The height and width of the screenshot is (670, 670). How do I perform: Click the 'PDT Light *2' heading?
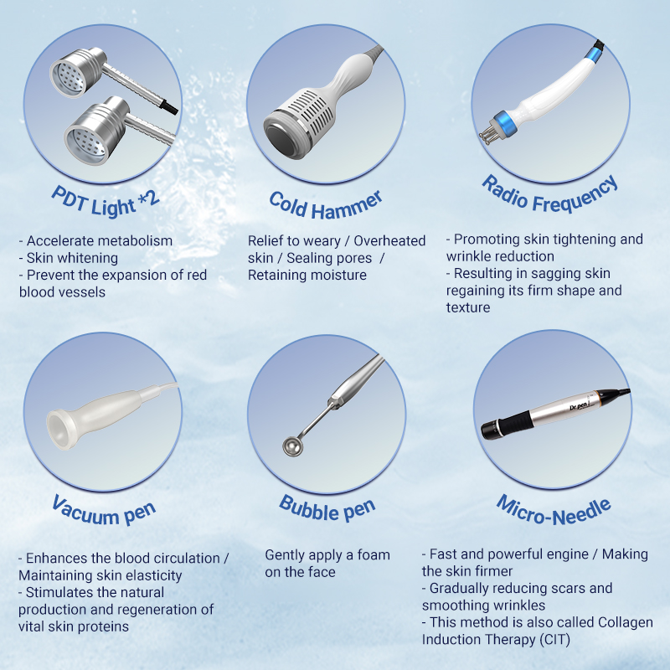pos(106,203)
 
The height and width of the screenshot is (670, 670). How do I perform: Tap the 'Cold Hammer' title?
pos(326,206)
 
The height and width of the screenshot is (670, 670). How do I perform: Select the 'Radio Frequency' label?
pos(550,195)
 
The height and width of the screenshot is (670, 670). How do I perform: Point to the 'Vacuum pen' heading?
pos(104,510)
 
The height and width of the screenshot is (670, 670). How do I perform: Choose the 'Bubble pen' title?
pos(327,508)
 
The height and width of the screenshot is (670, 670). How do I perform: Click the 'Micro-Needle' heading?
pos(554,510)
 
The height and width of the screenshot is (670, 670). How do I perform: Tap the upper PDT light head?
pos(77,72)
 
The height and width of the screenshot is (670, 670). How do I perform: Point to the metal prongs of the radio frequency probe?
pos(487,136)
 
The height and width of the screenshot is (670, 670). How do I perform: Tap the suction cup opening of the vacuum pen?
pos(57,430)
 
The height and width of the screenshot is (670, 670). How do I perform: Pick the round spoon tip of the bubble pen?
pos(292,447)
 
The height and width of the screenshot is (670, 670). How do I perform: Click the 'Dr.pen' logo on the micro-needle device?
pos(579,405)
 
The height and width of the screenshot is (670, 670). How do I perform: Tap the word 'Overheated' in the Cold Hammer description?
pos(389,241)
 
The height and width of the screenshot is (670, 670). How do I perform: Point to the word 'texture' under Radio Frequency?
pos(468,307)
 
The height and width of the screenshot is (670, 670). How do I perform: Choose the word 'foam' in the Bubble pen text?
pos(374,555)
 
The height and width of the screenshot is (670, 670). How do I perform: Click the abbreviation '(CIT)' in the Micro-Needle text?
pos(554,640)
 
